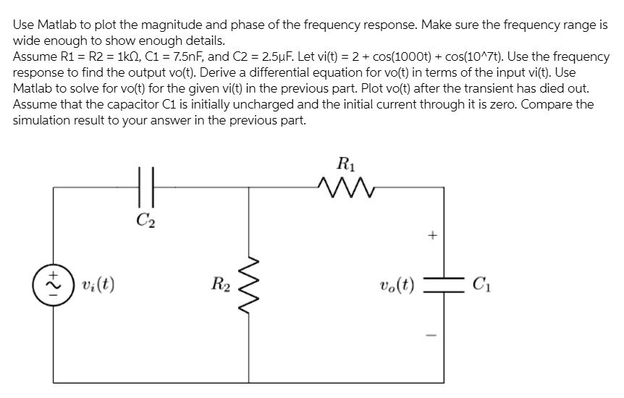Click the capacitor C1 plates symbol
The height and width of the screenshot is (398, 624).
point(433,282)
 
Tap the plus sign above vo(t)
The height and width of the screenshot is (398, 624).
point(433,235)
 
